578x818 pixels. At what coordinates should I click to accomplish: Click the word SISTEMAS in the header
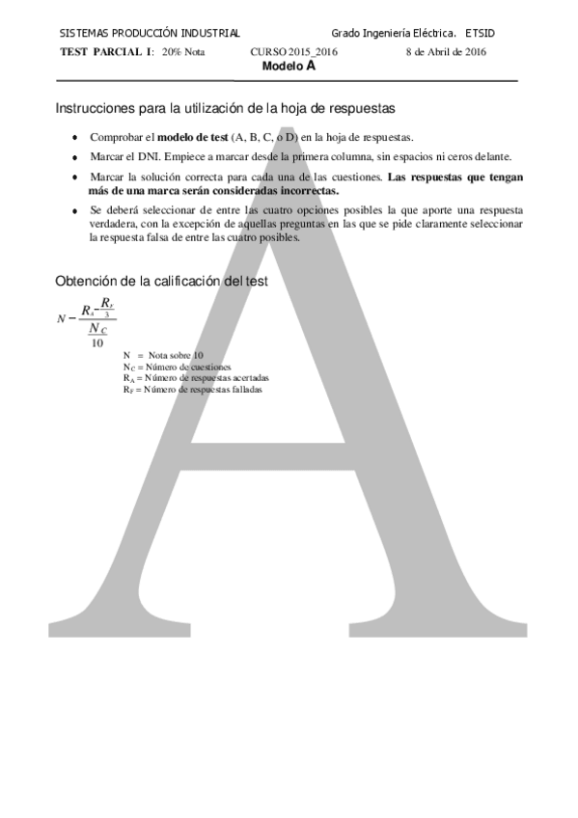tap(82, 33)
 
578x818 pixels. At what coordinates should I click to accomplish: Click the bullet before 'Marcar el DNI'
tap(75, 157)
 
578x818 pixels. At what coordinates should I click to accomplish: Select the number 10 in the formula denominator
tap(97, 342)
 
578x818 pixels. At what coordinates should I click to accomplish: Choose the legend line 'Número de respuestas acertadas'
tap(206, 378)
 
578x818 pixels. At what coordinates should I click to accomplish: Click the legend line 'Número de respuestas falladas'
tap(202, 390)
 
